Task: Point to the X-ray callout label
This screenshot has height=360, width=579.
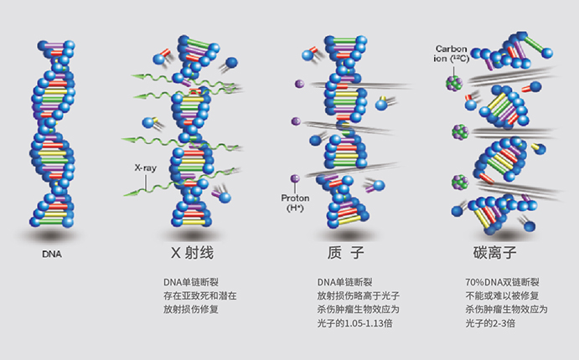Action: [x=145, y=167]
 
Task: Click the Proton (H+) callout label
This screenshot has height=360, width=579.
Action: [x=296, y=202]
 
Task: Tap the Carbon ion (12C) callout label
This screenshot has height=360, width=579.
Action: [x=453, y=53]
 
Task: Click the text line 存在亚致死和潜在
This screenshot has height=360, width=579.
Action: [x=200, y=296]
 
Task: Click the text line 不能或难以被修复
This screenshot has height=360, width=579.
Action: [x=500, y=296]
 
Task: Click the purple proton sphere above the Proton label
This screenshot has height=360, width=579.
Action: [x=295, y=178]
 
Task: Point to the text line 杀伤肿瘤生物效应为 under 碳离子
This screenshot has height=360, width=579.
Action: [x=505, y=309]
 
